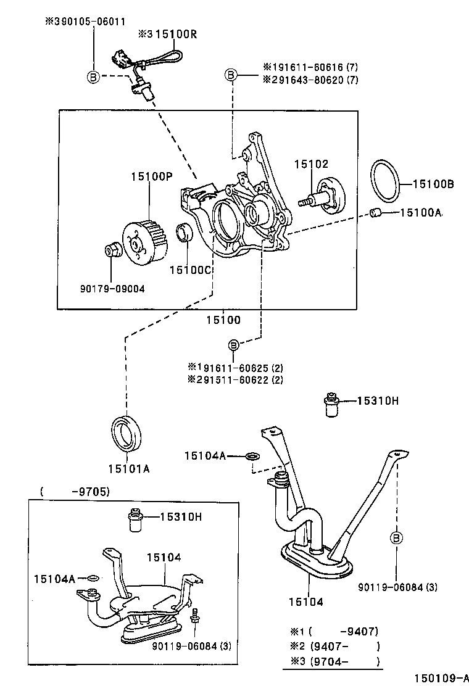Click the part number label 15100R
(x=175, y=35)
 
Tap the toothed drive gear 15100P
(x=147, y=241)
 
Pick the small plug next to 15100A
(x=376, y=213)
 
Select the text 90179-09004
(x=112, y=288)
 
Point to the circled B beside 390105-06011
(x=93, y=77)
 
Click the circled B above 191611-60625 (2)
(x=234, y=344)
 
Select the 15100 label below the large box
(x=223, y=320)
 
